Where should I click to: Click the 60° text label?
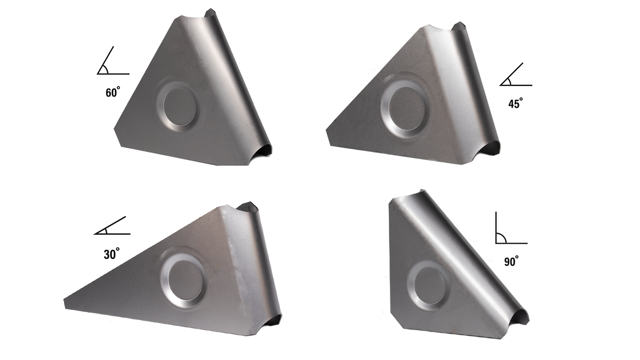[113, 93]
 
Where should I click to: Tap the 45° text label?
[516, 103]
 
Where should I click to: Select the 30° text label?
[111, 254]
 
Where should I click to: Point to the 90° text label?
[511, 261]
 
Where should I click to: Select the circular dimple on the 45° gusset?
[406, 105]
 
